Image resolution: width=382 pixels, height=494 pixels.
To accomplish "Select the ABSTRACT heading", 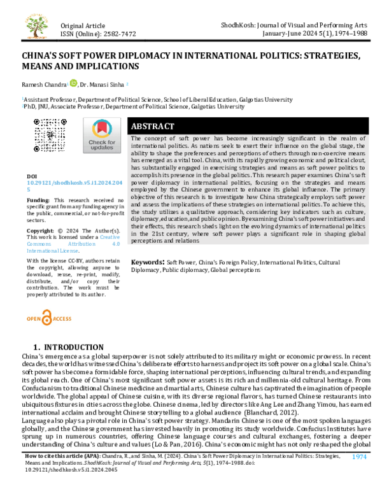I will pos(156,126).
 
